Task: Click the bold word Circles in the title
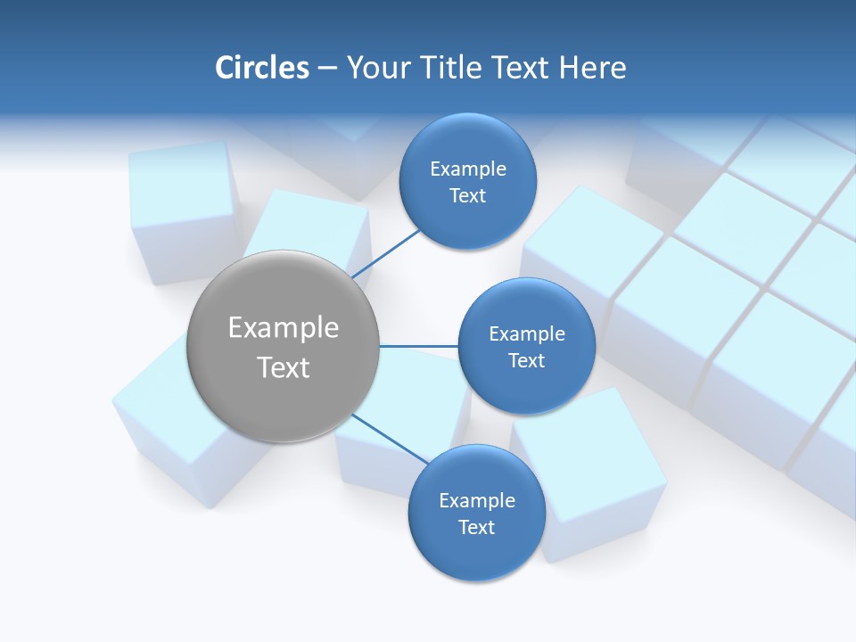[262, 68]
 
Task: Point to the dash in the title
[327, 69]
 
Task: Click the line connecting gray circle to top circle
[385, 254]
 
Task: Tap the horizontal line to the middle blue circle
[418, 346]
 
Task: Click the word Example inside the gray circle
[284, 328]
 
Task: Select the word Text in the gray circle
[284, 367]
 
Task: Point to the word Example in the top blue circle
[468, 169]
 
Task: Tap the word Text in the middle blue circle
[526, 361]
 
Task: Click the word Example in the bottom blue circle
[477, 501]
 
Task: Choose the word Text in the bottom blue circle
[477, 528]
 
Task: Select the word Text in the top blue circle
[468, 196]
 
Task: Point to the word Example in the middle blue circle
[527, 334]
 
